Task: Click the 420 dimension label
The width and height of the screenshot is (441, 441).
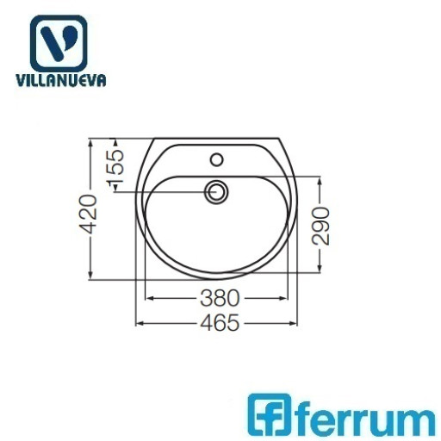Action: pos(88,214)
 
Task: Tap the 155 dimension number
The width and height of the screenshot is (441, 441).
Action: pos(115,166)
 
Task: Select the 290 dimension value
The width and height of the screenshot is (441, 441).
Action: pos(321,227)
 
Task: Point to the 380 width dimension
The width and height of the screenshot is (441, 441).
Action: pos(220,298)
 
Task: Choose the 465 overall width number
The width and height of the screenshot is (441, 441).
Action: pos(220,323)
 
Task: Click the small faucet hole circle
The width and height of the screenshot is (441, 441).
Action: pos(217,159)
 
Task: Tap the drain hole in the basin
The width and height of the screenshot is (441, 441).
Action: pos(216,191)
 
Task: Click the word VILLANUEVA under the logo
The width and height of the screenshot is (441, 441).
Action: pos(61,80)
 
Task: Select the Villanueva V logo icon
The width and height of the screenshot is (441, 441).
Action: pos(59,43)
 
